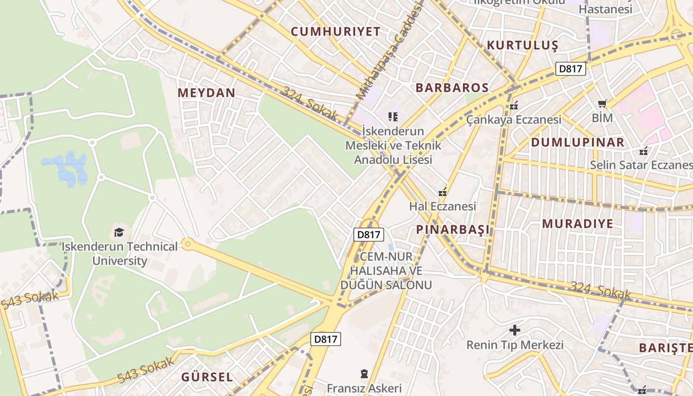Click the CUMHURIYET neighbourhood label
336,32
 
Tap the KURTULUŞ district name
522,45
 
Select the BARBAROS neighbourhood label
452,88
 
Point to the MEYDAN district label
206,93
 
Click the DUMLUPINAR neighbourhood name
577,143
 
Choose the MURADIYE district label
577,223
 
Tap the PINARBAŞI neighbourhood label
452,229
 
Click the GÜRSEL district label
207,377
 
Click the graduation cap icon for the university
119,232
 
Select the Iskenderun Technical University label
119,253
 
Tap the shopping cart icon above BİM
602,104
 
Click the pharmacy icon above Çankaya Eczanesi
514,105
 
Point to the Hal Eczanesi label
443,206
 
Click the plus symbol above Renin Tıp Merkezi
515,330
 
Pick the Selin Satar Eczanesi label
641,165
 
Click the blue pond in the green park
66,168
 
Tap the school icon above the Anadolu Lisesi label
393,117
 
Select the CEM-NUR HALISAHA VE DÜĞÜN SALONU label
386,271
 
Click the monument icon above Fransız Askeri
364,373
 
